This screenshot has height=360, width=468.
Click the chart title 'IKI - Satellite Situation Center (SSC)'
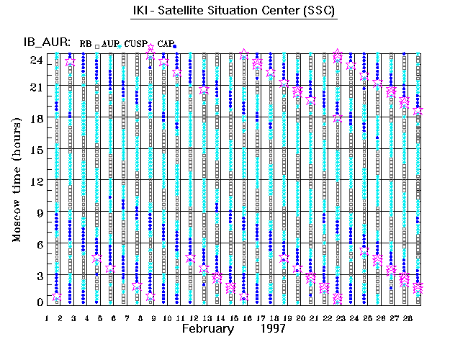(x=235, y=12)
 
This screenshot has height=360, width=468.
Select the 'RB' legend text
(x=86, y=44)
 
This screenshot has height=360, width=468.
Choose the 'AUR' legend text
(x=110, y=44)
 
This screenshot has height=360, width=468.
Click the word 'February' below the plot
(x=208, y=329)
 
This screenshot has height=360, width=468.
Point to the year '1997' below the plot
(x=274, y=329)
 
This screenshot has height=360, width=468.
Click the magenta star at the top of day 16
(x=245, y=54)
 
